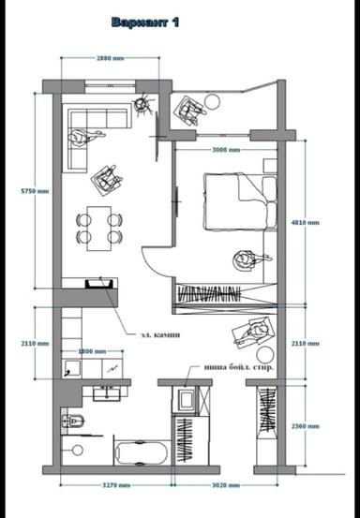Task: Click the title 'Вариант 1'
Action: [x=145, y=22]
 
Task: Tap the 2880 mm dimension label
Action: [x=111, y=59]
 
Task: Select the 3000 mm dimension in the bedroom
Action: [x=226, y=150]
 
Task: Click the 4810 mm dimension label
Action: [x=306, y=223]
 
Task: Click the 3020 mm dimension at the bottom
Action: [x=226, y=485]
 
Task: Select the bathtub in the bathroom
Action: [x=140, y=453]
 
